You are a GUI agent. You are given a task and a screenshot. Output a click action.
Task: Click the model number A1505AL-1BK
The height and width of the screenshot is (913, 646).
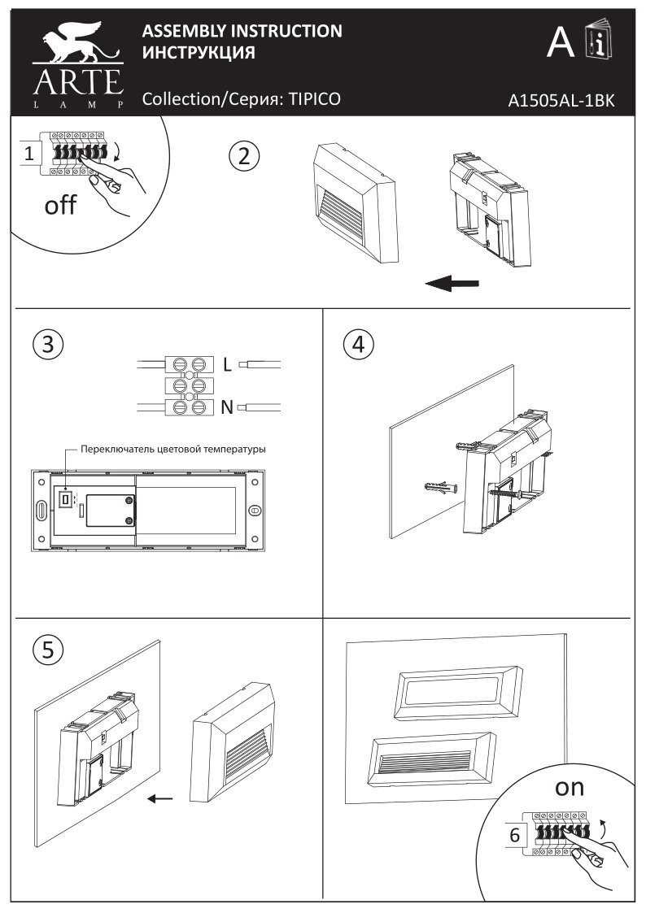pyautogui.click(x=560, y=100)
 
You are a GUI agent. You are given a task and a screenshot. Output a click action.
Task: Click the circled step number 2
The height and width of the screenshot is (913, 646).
pyautogui.click(x=243, y=155)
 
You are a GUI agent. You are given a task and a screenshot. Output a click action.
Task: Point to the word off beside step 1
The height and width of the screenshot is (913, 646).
pyautogui.click(x=60, y=205)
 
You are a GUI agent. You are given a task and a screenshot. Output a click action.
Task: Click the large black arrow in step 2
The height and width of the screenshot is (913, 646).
pyautogui.click(x=452, y=284)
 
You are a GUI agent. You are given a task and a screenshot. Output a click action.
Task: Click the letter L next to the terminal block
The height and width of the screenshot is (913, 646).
pyautogui.click(x=227, y=365)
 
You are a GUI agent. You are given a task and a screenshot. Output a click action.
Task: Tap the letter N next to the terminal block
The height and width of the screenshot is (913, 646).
pyautogui.click(x=227, y=407)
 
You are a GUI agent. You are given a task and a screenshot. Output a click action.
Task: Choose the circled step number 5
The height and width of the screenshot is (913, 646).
pyautogui.click(x=47, y=650)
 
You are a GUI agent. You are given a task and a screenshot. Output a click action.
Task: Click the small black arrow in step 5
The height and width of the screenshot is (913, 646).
pyautogui.click(x=160, y=798)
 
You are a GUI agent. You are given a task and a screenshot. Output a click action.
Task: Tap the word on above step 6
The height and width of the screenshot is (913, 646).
pyautogui.click(x=570, y=787)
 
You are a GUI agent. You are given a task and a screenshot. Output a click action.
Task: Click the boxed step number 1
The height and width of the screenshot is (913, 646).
pyautogui.click(x=28, y=152)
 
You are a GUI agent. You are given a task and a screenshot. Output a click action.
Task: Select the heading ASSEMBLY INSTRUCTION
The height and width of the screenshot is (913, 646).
pyautogui.click(x=242, y=32)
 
